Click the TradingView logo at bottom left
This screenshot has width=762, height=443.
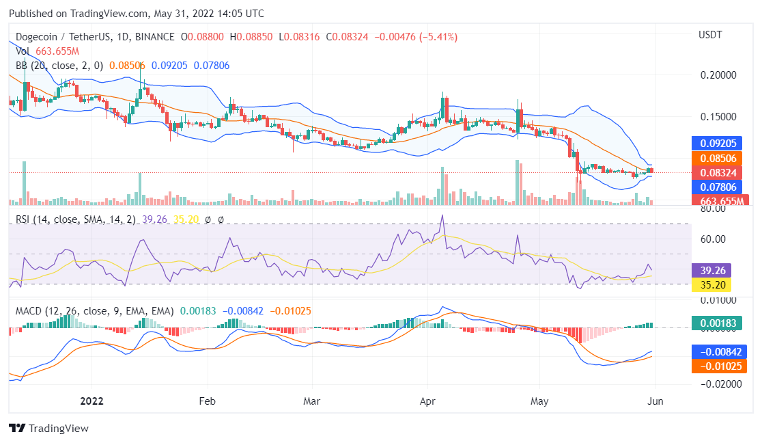pos(48,428)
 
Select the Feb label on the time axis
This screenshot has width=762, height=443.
pos(207,401)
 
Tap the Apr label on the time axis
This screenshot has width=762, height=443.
pos(428,401)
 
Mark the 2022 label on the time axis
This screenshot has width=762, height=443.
pos(91,401)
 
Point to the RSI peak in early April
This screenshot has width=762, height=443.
pos(442,216)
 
